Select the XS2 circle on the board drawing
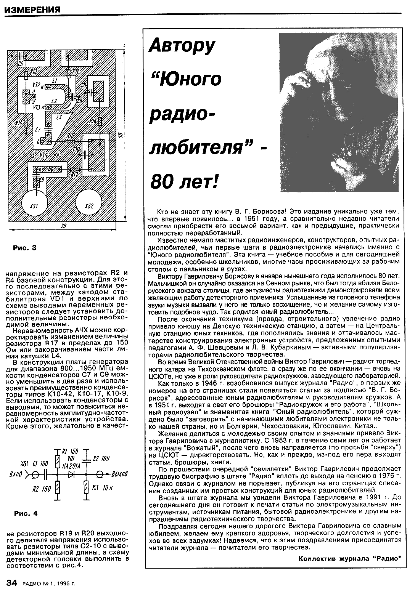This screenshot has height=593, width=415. [x=89, y=206]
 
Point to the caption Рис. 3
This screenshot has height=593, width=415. [x=25, y=248]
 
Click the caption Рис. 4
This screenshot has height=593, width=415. [x=26, y=513]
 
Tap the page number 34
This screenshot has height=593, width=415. [x=12, y=583]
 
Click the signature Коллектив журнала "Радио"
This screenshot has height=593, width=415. [x=350, y=559]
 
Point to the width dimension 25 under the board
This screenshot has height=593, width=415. [x=64, y=226]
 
